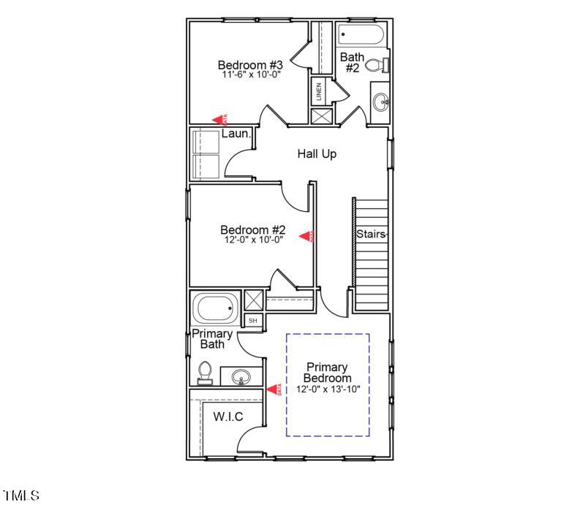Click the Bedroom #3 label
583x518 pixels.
point(250,65)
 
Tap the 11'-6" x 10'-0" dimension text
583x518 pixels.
point(251,75)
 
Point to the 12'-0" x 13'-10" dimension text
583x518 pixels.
point(328,389)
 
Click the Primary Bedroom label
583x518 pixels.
point(328,373)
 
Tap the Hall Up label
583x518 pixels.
point(317,154)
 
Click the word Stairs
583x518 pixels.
point(371,235)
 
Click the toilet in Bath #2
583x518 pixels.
point(375,66)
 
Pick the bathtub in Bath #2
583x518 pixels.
point(361,34)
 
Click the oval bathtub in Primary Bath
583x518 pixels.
point(215,308)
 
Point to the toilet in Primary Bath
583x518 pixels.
point(205,371)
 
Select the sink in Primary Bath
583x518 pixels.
point(241,377)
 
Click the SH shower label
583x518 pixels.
point(253,321)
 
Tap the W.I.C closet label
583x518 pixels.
point(228,416)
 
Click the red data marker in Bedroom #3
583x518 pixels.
point(219,119)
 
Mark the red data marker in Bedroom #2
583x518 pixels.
point(308,236)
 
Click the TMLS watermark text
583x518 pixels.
point(21,496)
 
